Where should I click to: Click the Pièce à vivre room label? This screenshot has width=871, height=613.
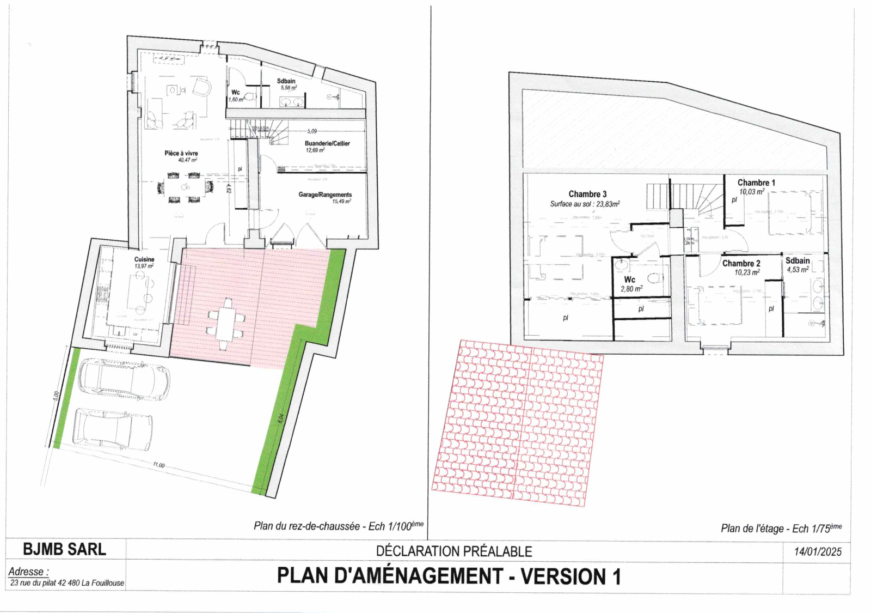pyautogui.click(x=181, y=153)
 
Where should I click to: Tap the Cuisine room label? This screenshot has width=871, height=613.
pyautogui.click(x=144, y=259)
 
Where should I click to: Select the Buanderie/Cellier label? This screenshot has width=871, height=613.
pyautogui.click(x=327, y=143)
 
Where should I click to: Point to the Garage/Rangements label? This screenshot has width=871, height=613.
pyautogui.click(x=325, y=195)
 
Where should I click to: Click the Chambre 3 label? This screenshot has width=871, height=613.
pyautogui.click(x=587, y=194)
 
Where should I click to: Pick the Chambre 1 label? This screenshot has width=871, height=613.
pyautogui.click(x=756, y=183)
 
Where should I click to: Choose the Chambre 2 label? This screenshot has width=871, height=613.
pyautogui.click(x=741, y=263)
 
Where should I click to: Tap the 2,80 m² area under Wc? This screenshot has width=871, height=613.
pyautogui.click(x=631, y=289)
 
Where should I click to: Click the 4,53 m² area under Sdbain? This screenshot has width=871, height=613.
pyautogui.click(x=798, y=269)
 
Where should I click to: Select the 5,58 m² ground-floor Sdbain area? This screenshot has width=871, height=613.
pyautogui.click(x=289, y=88)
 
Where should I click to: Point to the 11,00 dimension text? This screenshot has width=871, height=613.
pyautogui.click(x=158, y=465)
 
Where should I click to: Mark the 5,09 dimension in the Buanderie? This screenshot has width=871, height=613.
pyautogui.click(x=312, y=131)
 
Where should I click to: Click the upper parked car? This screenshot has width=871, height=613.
pyautogui.click(x=124, y=377)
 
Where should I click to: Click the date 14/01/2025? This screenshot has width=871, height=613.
pyautogui.click(x=818, y=551)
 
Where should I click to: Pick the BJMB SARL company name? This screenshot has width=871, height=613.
pyautogui.click(x=64, y=549)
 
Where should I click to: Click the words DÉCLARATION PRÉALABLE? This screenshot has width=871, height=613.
pyautogui.click(x=454, y=551)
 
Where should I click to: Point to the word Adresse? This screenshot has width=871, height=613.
pyautogui.click(x=28, y=572)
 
